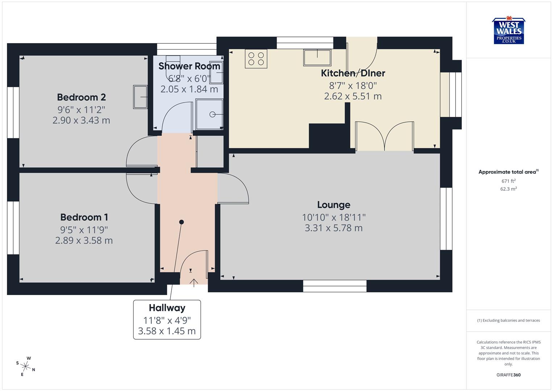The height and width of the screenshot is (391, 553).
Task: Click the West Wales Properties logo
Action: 509,31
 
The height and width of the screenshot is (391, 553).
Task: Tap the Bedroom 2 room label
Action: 81,97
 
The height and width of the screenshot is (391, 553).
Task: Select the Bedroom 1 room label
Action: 84,217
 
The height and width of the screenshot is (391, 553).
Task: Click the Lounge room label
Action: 334,205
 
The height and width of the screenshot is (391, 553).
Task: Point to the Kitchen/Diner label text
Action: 353,73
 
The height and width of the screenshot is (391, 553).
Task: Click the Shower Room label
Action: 189,66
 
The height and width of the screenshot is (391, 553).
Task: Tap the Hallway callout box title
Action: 167,308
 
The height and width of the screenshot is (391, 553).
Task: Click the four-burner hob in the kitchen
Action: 256,59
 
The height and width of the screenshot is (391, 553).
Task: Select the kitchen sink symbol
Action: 317,58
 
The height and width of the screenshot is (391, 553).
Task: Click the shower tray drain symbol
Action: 212,115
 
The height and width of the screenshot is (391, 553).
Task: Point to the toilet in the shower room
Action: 173,63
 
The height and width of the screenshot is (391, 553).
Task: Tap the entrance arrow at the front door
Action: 194,282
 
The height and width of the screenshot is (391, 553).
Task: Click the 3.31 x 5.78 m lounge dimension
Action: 334,228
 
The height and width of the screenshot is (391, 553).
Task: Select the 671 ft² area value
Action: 508,181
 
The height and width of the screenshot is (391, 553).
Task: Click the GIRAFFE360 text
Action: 508,375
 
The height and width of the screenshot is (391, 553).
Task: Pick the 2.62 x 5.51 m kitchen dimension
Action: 353,96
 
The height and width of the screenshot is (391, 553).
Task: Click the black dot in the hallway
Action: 181,222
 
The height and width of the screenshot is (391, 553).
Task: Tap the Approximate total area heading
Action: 508,172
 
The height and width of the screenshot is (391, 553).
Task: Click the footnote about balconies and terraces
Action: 508,320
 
